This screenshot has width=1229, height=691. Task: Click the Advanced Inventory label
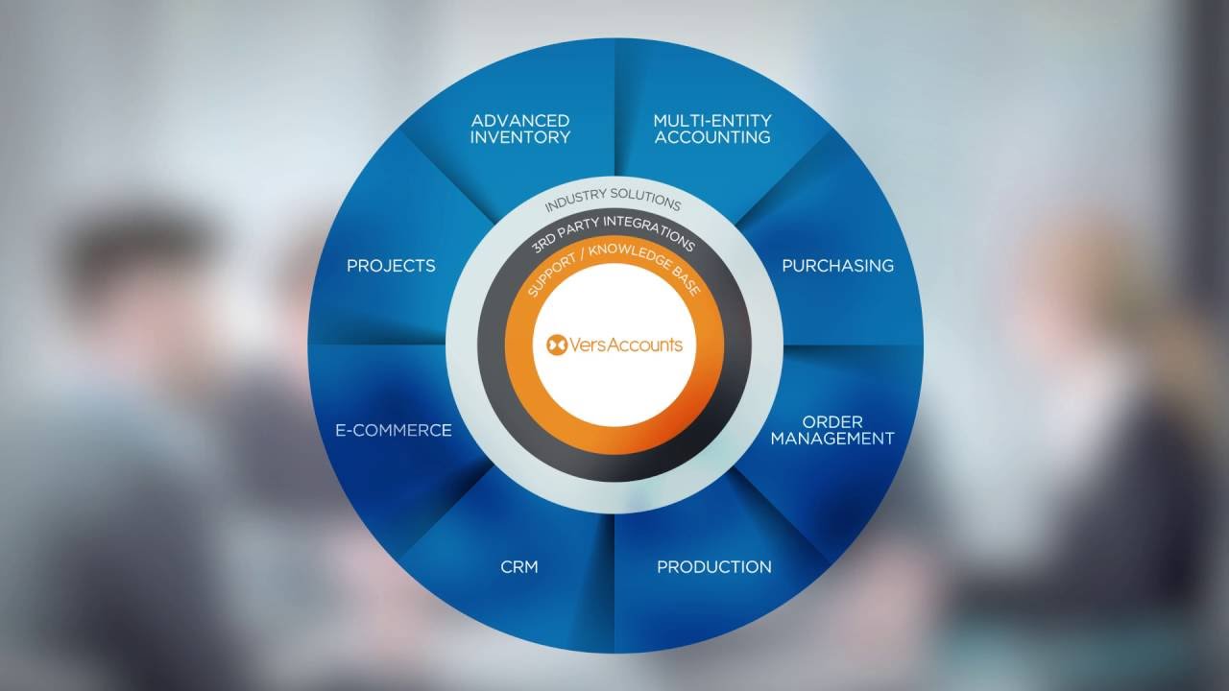point(519,129)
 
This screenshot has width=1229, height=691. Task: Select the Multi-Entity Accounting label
point(711,129)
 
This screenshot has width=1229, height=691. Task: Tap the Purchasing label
point(837,266)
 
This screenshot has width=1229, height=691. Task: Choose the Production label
point(713,567)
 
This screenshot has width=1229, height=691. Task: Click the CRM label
point(518,567)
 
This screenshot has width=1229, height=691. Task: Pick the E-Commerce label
point(393,431)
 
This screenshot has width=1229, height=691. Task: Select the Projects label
point(391,266)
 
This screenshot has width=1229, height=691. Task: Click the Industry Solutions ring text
point(613,204)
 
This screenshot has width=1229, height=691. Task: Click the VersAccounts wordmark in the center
point(625,345)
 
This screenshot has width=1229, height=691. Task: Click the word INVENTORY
point(519,137)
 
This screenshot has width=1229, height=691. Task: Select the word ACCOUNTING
point(711,137)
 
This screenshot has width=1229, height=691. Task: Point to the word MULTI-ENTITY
point(711,121)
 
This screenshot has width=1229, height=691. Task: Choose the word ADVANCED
point(519,121)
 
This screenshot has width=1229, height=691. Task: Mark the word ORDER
point(832,421)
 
